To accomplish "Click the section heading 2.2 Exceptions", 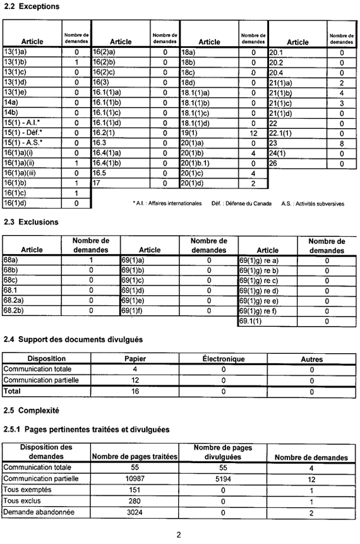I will pyautogui.click(x=32, y=6).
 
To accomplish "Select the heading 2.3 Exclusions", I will pyautogui.click(x=31, y=222).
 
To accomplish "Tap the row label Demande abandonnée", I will pyautogui.click(x=35, y=512).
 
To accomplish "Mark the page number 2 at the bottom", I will pyautogui.click(x=179, y=535).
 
